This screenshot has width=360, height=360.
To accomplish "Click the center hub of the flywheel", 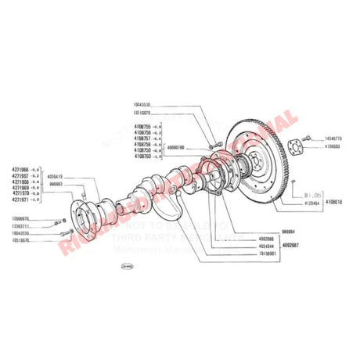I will pos(256,161).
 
